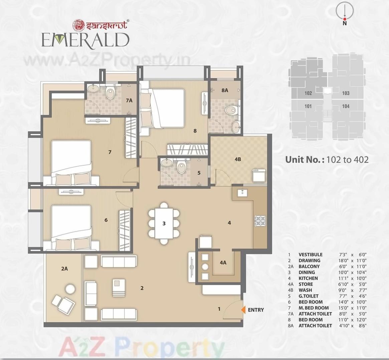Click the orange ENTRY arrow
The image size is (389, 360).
[x=243, y=310]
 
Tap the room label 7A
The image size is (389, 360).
[x=129, y=100]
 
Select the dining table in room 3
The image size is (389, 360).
[x=164, y=223]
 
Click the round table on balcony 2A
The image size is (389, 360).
[x=70, y=288]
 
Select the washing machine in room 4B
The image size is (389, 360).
[x=259, y=175]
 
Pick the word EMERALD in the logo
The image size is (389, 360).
[x=85, y=40]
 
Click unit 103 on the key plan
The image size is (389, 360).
[x=346, y=93]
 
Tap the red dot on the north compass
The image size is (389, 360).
[x=345, y=19]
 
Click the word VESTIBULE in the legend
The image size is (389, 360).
[x=310, y=255]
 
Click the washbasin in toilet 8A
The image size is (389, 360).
[x=236, y=126]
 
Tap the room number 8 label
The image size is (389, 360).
[x=195, y=131]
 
